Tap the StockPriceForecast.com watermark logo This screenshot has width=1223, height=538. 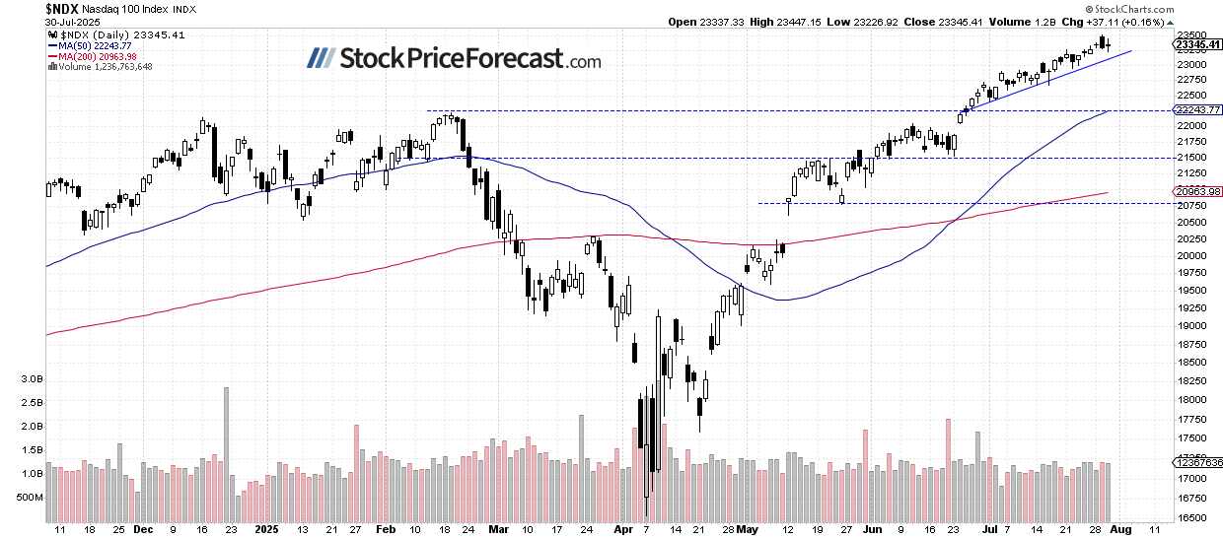[x=454, y=59]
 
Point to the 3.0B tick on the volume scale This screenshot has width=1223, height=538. [x=30, y=378]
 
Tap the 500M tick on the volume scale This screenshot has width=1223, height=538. [x=30, y=497]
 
